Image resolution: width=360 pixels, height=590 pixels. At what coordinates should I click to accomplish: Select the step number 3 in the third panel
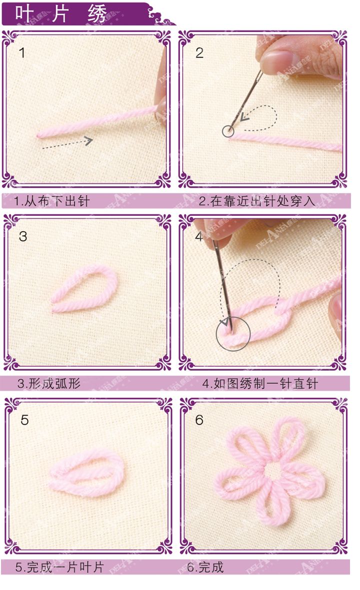pyautogui.click(x=22, y=236)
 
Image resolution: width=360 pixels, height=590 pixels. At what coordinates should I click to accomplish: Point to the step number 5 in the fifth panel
pyautogui.click(x=24, y=420)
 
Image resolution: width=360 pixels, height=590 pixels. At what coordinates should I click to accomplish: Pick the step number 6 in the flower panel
pyautogui.click(x=199, y=420)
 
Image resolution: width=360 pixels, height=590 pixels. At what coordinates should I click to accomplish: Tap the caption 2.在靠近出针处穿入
pyautogui.click(x=257, y=201)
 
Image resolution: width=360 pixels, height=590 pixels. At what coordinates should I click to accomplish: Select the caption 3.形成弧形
pyautogui.click(x=48, y=384)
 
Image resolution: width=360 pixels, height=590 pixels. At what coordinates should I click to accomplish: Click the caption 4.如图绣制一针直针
pyautogui.click(x=260, y=384)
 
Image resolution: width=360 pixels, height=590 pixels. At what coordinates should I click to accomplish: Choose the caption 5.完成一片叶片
pyautogui.click(x=59, y=567)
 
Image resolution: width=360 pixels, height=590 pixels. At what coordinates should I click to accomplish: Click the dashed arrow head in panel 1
pyautogui.click(x=88, y=141)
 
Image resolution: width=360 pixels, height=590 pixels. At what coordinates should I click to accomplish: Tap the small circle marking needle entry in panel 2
pyautogui.click(x=228, y=131)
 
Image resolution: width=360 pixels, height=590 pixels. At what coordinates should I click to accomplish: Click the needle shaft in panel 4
pyautogui.click(x=220, y=280)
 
